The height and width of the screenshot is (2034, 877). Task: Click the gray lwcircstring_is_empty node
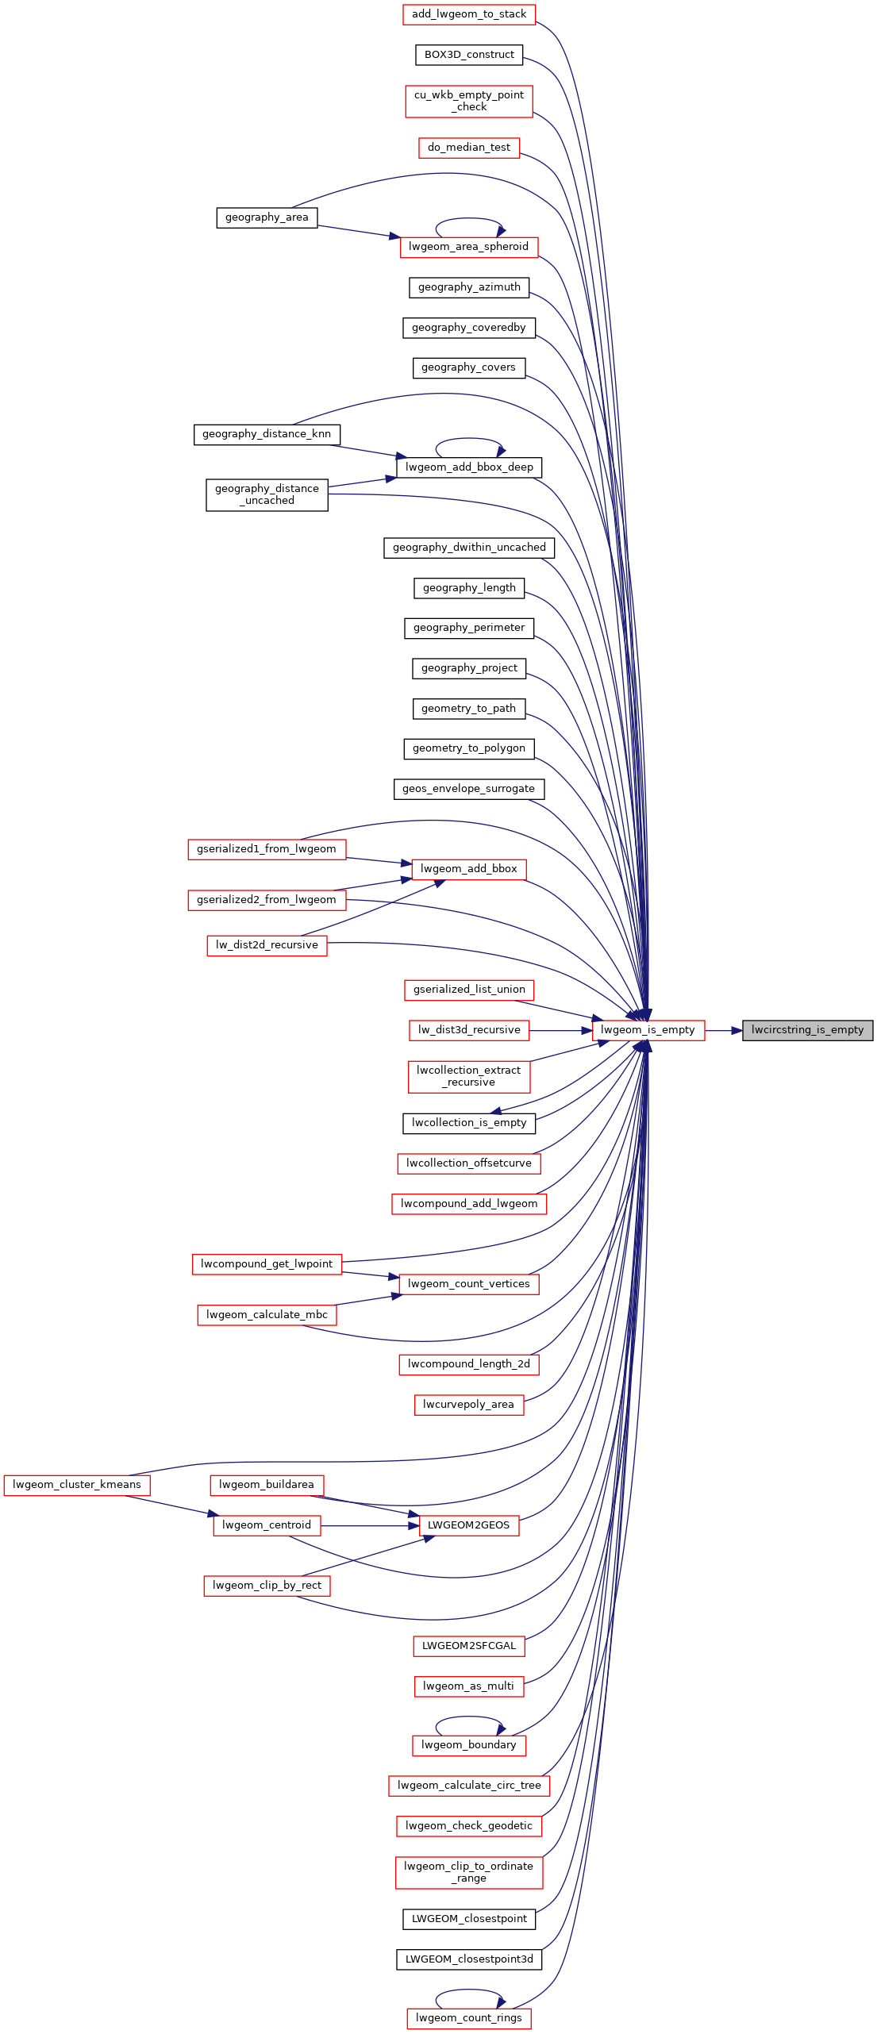[x=807, y=1030]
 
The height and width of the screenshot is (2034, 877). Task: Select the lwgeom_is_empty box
[x=648, y=1030]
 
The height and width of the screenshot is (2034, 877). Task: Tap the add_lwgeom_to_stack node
[x=469, y=14]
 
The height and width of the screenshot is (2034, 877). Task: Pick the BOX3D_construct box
[x=469, y=55]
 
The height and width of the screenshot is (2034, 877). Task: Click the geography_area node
[x=267, y=217]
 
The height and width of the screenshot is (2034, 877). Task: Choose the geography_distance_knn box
[x=267, y=434]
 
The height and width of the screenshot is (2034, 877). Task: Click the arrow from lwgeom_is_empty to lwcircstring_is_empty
[x=724, y=1030]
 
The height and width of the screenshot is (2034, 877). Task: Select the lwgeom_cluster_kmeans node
[x=77, y=1485]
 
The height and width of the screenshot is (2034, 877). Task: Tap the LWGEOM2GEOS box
[x=469, y=1525]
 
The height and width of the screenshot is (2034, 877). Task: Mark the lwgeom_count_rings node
[x=469, y=2018]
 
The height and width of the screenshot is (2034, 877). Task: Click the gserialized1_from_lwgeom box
[x=267, y=849]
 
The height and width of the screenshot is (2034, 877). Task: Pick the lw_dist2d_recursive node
[x=267, y=945]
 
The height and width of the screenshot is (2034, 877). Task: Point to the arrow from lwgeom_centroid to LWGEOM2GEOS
[x=370, y=1525]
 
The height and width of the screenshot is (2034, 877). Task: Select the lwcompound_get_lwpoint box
[x=267, y=1264]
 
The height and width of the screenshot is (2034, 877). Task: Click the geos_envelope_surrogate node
[x=469, y=789]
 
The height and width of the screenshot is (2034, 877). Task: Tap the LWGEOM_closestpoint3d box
[x=469, y=1959]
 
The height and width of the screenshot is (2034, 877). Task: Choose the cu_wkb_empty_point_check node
[x=469, y=102]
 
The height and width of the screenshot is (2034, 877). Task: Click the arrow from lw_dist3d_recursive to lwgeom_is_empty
[x=560, y=1030]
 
